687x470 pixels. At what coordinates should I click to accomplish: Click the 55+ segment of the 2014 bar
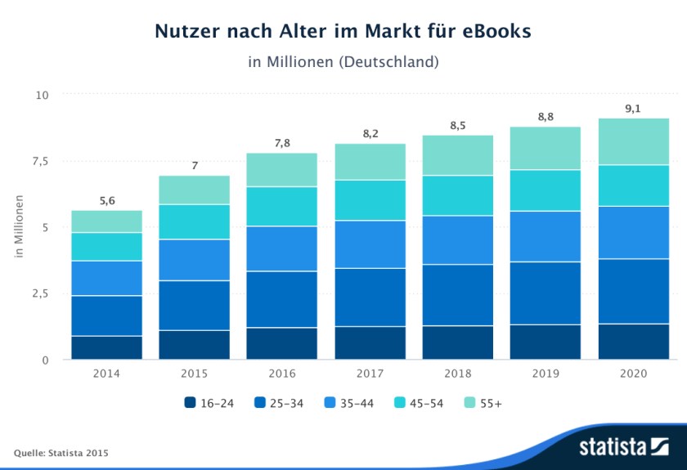pyautogui.click(x=106, y=222)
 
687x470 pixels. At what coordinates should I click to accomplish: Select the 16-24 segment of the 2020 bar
pyautogui.click(x=633, y=342)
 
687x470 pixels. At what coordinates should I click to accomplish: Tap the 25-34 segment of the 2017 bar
pyautogui.click(x=370, y=297)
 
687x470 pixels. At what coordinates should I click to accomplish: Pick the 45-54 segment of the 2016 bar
pyautogui.click(x=282, y=206)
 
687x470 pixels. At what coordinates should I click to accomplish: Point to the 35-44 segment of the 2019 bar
pyautogui.click(x=546, y=236)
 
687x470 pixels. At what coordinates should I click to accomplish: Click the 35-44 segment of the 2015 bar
pyautogui.click(x=195, y=260)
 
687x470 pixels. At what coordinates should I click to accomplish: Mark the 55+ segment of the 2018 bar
pyautogui.click(x=457, y=155)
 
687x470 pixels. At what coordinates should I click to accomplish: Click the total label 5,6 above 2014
pyautogui.click(x=106, y=200)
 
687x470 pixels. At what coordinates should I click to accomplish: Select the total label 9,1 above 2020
pyautogui.click(x=633, y=108)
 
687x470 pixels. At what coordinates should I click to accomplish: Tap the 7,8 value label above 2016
pyautogui.click(x=282, y=143)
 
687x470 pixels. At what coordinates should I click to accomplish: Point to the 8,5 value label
pyautogui.click(x=457, y=125)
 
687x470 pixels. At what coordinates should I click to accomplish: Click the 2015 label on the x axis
pyautogui.click(x=195, y=374)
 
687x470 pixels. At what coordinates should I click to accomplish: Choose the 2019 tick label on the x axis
pyautogui.click(x=546, y=374)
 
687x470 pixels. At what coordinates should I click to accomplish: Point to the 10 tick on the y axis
pyautogui.click(x=43, y=96)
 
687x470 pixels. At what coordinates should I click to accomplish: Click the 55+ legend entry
pyautogui.click(x=483, y=403)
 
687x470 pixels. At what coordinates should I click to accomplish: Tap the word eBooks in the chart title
pyautogui.click(x=489, y=31)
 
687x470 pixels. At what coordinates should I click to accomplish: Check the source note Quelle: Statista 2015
pyautogui.click(x=61, y=453)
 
